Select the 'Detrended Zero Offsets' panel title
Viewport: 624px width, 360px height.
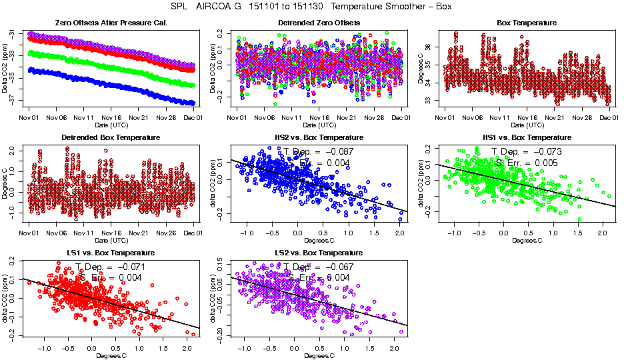pos(319,23)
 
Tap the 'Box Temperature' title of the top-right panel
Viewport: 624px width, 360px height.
pos(527,23)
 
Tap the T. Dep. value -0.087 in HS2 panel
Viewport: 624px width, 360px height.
pos(337,151)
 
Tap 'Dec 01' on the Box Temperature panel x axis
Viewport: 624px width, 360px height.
pos(609,118)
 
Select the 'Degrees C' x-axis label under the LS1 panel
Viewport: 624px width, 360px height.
pos(111,355)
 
